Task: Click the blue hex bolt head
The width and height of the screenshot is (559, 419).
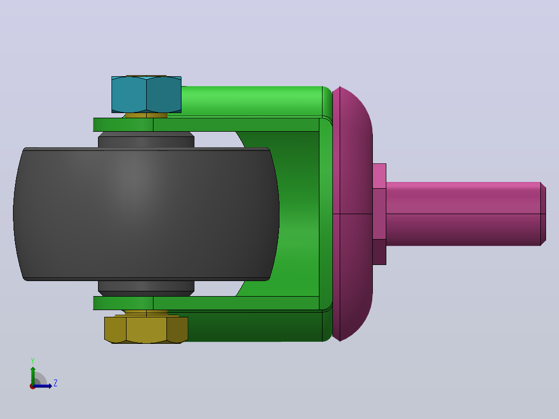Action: [x=146, y=94]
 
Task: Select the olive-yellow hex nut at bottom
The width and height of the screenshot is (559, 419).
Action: [x=146, y=330]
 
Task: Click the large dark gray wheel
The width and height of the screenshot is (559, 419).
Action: [x=146, y=214]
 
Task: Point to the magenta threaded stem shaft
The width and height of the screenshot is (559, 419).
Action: [x=464, y=214]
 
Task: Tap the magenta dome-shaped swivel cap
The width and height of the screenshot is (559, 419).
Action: [x=353, y=214]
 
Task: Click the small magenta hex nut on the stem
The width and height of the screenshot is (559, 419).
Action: [x=380, y=214]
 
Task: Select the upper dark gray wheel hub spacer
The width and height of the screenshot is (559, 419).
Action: [x=146, y=139]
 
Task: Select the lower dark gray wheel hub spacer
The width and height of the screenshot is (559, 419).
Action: [x=146, y=288]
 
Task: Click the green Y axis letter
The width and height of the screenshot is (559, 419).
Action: [x=33, y=360]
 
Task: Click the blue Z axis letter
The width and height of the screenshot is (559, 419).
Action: [x=55, y=383]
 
